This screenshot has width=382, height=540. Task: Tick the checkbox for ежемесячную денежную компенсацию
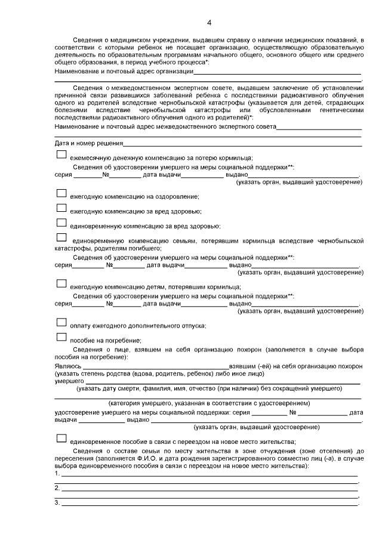click(61, 155)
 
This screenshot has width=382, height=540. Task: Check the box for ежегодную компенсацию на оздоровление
click(61, 193)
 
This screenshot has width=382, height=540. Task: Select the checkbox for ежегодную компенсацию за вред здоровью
click(61, 208)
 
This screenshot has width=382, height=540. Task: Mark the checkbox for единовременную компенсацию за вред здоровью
click(61, 223)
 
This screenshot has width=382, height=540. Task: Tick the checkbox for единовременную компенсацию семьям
click(61, 237)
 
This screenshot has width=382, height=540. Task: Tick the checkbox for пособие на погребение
click(61, 337)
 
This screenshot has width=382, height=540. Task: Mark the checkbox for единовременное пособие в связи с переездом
click(61, 438)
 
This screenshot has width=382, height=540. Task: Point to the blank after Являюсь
click(155, 366)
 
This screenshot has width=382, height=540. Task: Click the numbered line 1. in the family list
click(209, 475)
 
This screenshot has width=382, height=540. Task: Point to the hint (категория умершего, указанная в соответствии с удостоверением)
click(208, 404)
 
